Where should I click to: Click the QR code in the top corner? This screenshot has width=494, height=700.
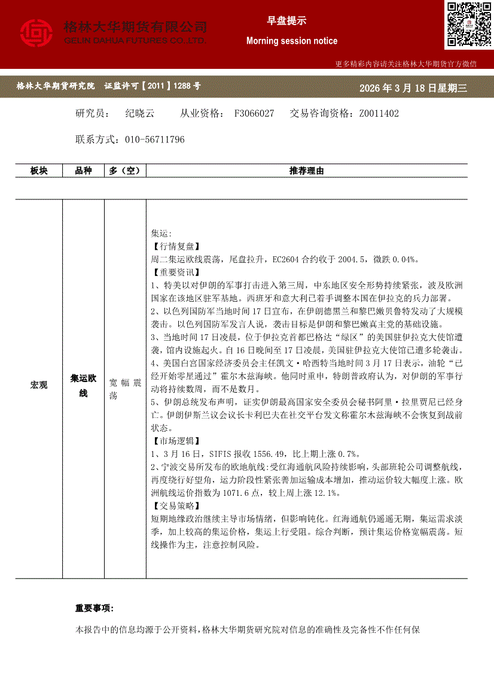(468, 25)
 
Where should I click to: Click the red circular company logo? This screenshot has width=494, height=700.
(36, 34)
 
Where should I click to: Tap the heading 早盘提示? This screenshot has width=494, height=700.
(286, 20)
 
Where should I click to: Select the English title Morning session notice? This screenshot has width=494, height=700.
(292, 41)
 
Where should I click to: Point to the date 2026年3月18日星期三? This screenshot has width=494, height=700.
(413, 88)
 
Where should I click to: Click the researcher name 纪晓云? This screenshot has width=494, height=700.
(139, 113)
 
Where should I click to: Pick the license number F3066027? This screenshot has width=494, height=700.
(254, 113)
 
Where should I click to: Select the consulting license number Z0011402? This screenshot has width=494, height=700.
(379, 113)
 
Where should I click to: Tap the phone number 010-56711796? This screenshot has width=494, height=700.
(154, 140)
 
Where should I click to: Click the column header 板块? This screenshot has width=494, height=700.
(39, 171)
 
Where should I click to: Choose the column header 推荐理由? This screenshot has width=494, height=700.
(306, 171)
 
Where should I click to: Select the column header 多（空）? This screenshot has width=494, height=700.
(124, 171)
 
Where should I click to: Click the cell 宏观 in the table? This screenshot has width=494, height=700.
(39, 385)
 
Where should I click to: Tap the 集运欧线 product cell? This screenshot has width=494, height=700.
(83, 385)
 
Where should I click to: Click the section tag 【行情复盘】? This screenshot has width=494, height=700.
(173, 246)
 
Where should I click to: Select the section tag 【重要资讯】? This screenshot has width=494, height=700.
(173, 272)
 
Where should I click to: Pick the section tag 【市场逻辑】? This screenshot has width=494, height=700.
(173, 441)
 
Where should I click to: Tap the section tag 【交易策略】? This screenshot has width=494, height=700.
(173, 506)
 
